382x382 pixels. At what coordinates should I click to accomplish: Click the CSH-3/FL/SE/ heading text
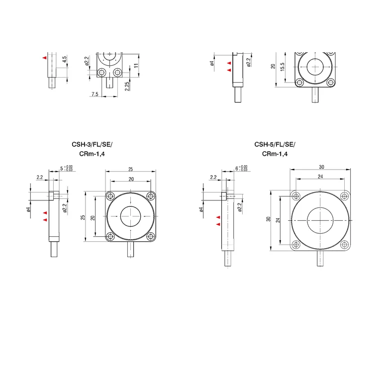point(92,144)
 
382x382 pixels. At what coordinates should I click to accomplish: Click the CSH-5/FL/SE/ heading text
point(275,144)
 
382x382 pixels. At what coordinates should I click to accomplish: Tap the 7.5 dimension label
point(95,94)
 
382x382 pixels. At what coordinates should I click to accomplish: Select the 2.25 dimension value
point(127,86)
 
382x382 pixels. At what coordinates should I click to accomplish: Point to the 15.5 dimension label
point(283,67)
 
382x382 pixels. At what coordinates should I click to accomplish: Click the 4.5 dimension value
point(64,60)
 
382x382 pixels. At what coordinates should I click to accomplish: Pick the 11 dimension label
point(136,65)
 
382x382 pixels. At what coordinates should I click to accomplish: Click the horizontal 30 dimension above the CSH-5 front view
point(322,167)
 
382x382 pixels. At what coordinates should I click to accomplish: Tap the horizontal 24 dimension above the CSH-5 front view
point(320,177)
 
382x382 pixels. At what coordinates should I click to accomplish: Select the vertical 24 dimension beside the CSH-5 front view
point(278,220)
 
